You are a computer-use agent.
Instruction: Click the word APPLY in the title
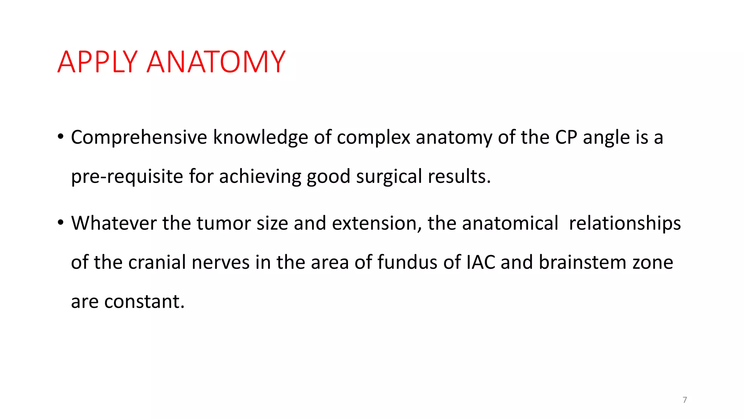click(97, 62)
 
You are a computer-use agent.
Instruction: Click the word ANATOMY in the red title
click(216, 62)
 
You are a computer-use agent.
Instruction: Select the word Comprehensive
click(139, 138)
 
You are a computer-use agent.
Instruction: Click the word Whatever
click(114, 223)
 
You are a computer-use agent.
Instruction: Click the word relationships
click(625, 223)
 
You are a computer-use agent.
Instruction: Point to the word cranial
click(157, 263)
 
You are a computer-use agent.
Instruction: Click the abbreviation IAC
click(481, 263)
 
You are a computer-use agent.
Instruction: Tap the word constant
click(144, 302)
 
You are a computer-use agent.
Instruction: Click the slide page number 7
click(685, 400)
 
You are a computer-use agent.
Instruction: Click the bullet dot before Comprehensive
click(61, 137)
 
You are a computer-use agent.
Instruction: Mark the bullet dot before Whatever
click(61, 223)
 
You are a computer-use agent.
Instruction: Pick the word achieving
click(260, 177)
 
